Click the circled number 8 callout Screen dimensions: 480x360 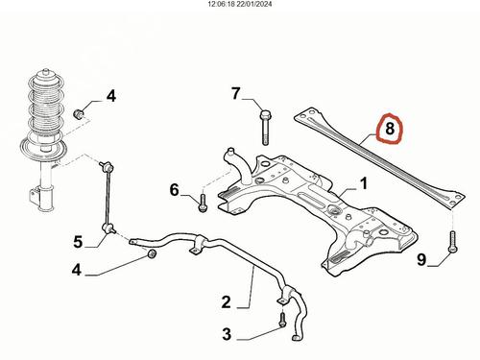point(390,129)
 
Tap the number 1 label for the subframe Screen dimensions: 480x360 point(363,184)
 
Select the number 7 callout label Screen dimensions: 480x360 point(236,93)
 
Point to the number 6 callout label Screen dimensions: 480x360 point(175,190)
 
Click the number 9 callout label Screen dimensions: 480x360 point(421,259)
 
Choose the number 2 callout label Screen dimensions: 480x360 point(226,302)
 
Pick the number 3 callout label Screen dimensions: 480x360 point(227,334)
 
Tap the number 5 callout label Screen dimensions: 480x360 point(78,242)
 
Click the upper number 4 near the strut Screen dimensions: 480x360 point(111,96)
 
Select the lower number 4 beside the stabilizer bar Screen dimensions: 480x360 point(77,270)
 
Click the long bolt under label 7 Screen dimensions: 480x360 point(265,128)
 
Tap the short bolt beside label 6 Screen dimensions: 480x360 point(203,203)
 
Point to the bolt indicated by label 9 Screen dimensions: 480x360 point(453,242)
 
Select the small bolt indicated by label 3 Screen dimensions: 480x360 point(282,320)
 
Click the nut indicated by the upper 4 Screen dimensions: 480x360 point(79,113)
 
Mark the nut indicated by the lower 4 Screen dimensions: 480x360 point(152,253)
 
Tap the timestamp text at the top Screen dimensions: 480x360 point(240,4)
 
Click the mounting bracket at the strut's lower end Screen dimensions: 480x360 point(35,195)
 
